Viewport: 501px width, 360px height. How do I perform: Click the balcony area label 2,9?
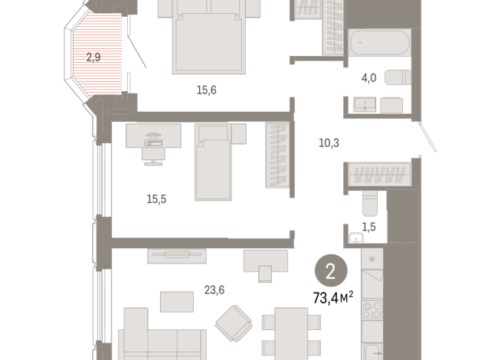click(x=93, y=57)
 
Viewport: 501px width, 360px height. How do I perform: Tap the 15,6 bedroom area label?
click(x=206, y=90)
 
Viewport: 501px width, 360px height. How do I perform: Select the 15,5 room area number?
click(x=156, y=198)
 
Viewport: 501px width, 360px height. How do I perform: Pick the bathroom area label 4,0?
click(x=369, y=77)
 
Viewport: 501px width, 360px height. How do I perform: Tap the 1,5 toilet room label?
click(x=368, y=226)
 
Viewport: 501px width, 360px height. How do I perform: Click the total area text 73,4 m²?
click(x=332, y=296)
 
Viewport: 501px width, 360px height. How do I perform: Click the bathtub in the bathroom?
click(x=379, y=42)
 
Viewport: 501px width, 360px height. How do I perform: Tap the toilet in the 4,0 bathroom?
click(x=397, y=77)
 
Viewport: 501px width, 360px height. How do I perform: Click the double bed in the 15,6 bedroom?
click(x=209, y=38)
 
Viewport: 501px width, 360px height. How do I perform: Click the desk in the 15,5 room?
click(x=155, y=136)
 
